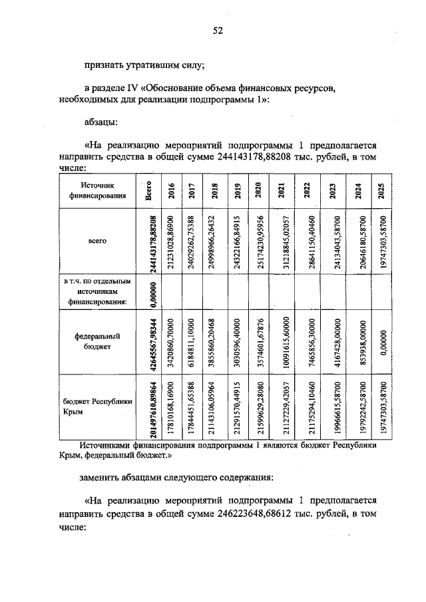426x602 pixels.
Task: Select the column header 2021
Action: tap(282, 190)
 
